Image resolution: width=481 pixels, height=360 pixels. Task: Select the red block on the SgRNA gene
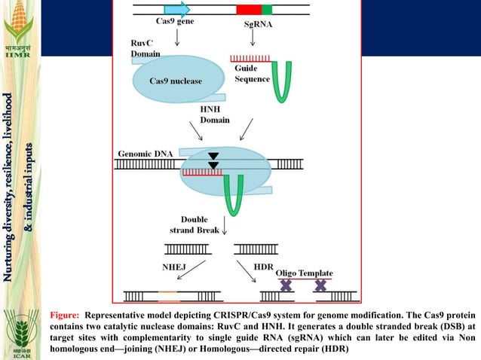point(249,9)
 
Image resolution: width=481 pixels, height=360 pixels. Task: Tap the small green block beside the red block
point(267,9)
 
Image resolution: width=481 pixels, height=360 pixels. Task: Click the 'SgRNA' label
point(259,24)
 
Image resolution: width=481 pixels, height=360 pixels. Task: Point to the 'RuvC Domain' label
point(145,49)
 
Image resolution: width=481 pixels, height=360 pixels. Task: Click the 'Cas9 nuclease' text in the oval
point(175,81)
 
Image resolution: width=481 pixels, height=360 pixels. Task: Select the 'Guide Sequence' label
point(247,74)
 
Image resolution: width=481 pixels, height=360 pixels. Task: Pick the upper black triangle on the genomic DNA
point(213,156)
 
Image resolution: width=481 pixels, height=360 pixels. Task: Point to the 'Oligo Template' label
point(304,273)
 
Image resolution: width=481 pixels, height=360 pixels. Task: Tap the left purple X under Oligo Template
point(286,285)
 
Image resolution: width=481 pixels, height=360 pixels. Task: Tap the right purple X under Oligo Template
point(320,285)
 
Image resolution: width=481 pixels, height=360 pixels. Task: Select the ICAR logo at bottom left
point(18,331)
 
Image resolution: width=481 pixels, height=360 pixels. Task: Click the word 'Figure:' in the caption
point(64,315)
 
